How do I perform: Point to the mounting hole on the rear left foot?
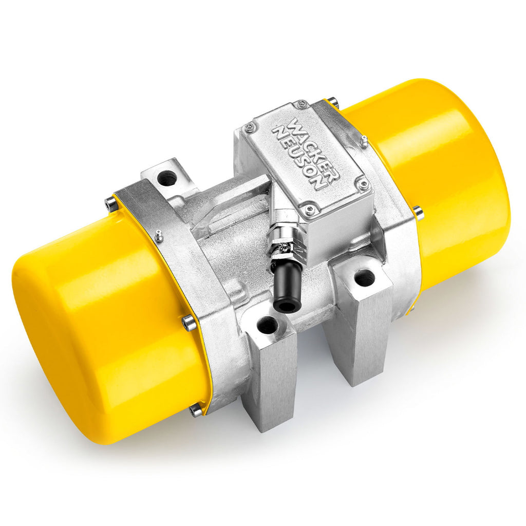pos(167,178)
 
